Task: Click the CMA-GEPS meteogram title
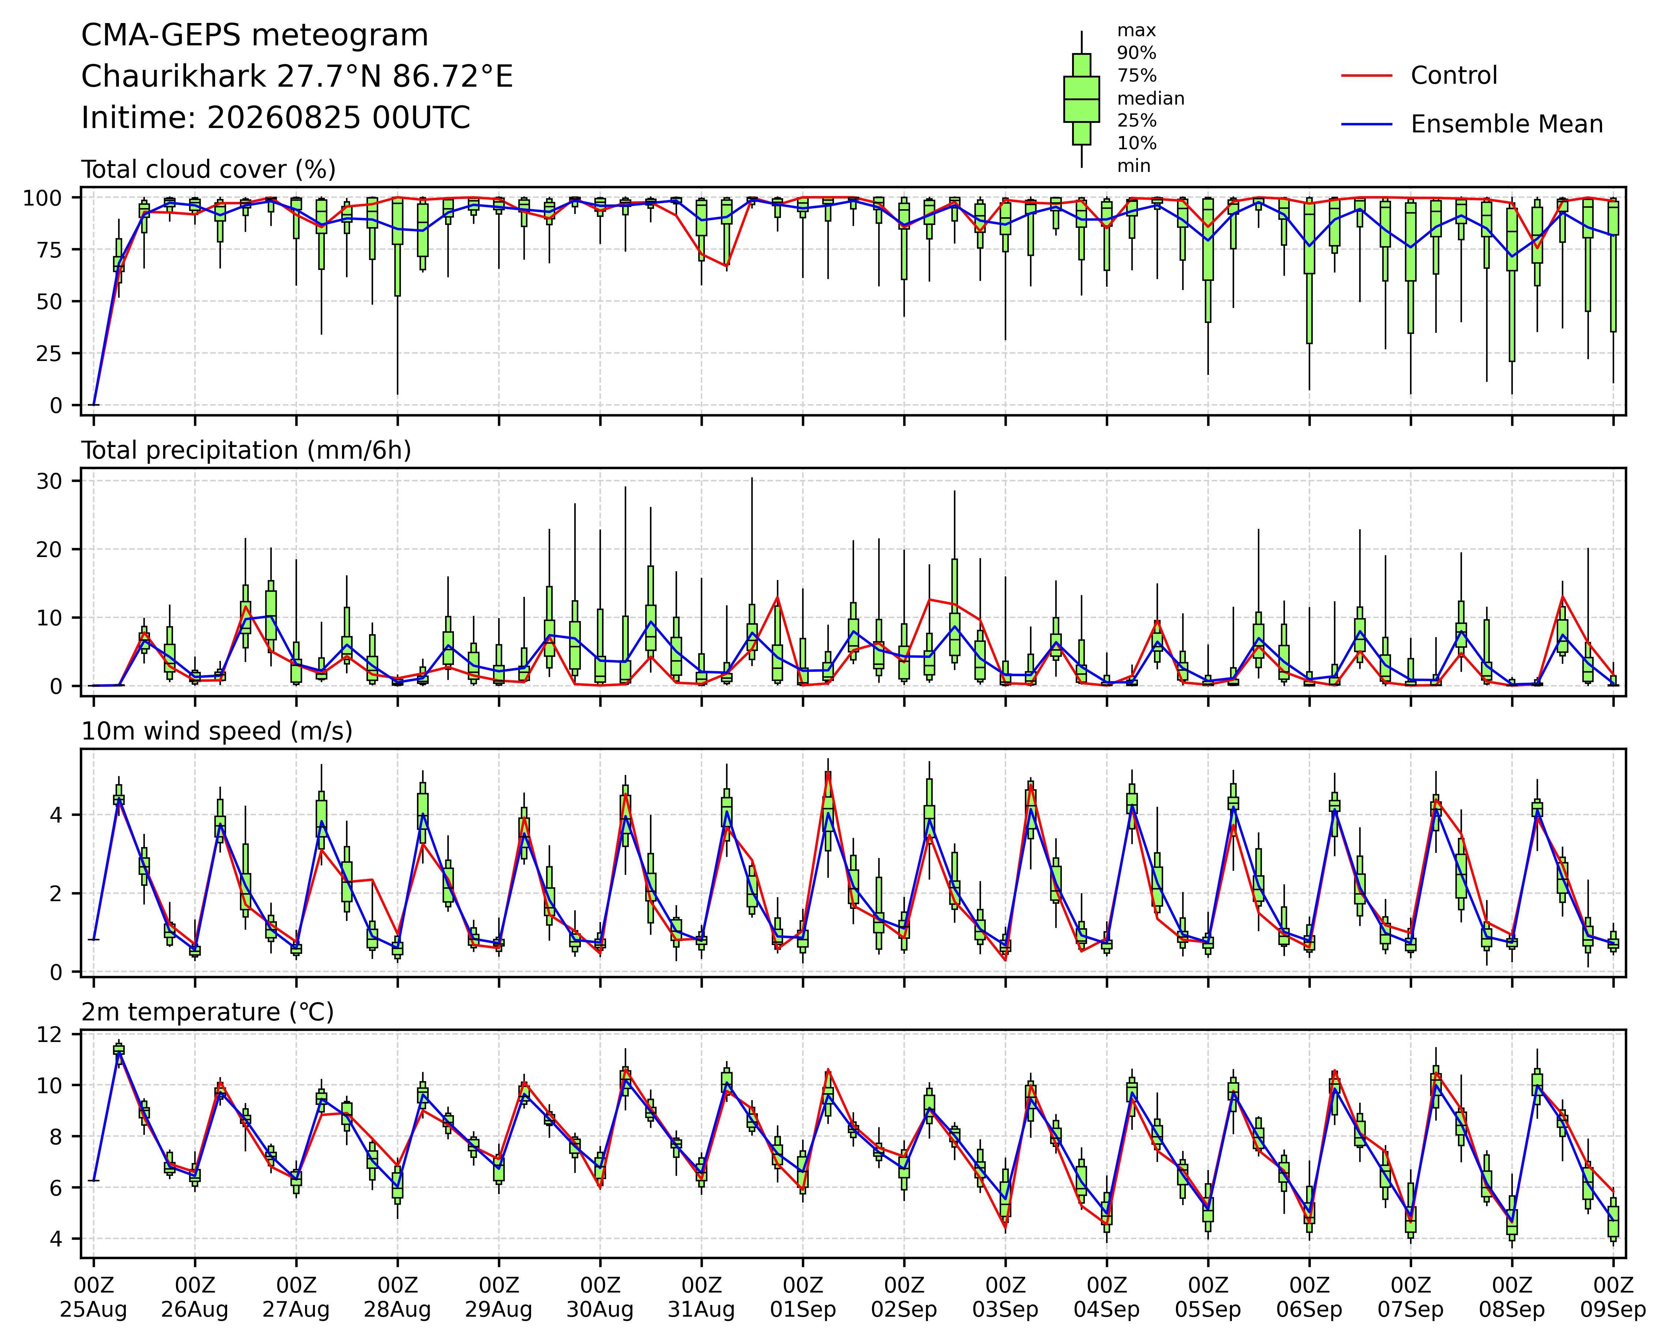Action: coord(255,35)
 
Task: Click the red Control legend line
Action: coord(1367,76)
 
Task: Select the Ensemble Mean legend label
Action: coord(1507,124)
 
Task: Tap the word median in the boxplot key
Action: coord(1150,98)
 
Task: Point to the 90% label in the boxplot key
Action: coord(1136,53)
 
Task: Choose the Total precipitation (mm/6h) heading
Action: coord(246,451)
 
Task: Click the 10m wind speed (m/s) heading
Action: coord(217,731)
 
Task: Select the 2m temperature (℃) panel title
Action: coord(207,1012)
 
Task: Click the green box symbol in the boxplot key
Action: coord(1082,99)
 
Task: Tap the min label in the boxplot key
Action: coord(1133,166)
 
